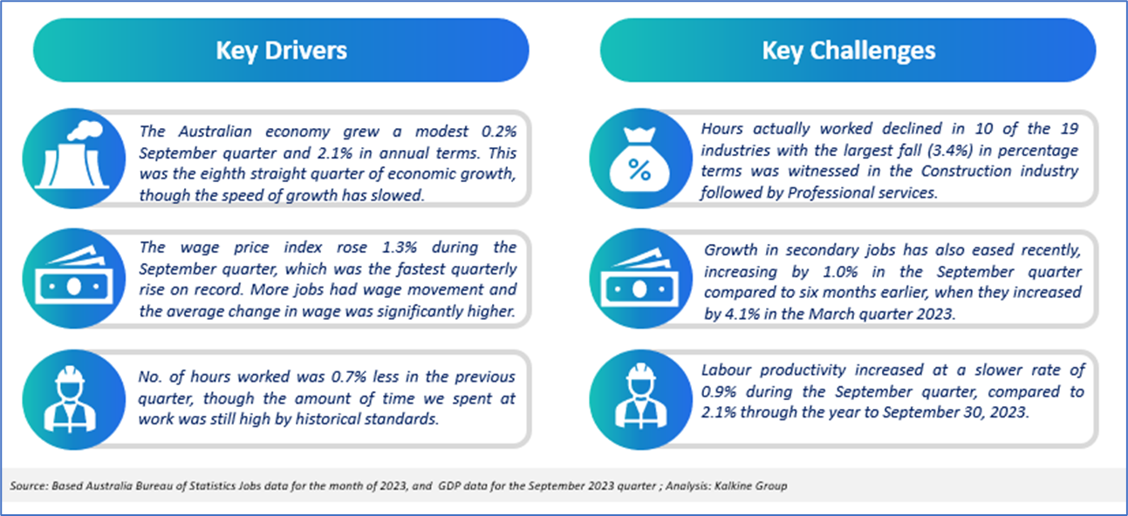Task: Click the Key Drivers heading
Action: [x=282, y=51]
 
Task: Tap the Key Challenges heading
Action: [x=849, y=51]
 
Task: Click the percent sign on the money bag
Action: [x=639, y=170]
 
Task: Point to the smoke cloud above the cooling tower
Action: [x=85, y=130]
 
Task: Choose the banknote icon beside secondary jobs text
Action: [x=639, y=278]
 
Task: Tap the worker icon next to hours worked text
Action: [x=70, y=399]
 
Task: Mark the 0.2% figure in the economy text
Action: [x=499, y=132]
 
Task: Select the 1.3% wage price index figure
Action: [x=400, y=248]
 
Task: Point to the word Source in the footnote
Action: [x=29, y=485]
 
